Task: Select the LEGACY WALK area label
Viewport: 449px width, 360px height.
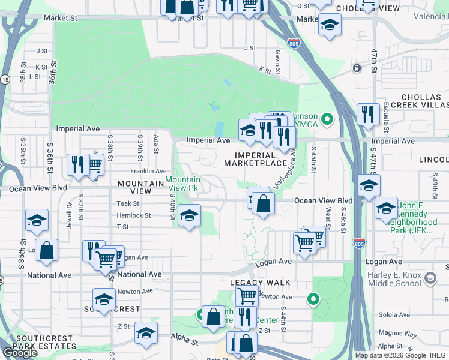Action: point(260,282)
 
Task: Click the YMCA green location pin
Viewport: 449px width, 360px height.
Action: point(327,119)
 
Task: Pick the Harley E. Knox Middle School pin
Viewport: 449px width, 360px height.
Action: point(430,278)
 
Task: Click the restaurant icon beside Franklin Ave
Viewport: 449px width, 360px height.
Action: point(77,165)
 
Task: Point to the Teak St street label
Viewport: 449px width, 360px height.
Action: point(127,204)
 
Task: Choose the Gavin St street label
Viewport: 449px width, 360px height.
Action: point(278,58)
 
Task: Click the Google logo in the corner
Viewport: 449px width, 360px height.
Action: point(20,353)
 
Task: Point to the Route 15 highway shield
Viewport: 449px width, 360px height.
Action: point(5,79)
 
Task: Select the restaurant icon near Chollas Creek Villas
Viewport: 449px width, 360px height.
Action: point(367,114)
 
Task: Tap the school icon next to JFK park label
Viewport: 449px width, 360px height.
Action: point(385,208)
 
